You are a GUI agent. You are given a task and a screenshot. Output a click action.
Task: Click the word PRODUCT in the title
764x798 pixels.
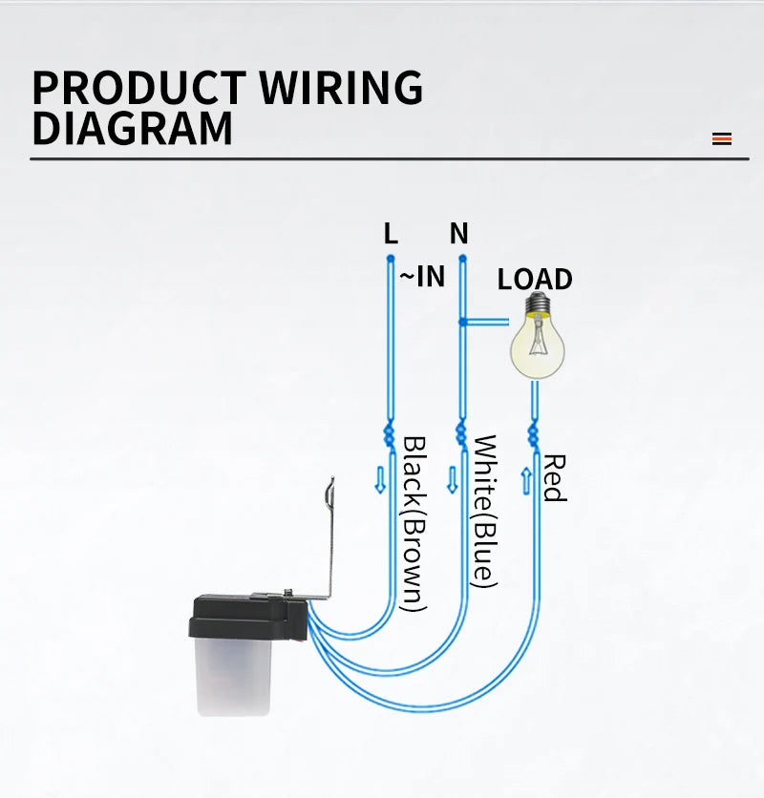point(139,88)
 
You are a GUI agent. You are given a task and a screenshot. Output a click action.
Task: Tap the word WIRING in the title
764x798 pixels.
point(341,88)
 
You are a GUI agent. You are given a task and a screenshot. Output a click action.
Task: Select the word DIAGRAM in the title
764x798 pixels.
point(133,128)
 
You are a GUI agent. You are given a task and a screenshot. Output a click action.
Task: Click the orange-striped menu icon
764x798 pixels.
point(722,138)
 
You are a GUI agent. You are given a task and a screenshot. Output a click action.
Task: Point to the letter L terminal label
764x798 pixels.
point(391,234)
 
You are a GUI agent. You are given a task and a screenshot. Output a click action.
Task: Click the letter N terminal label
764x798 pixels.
point(458,234)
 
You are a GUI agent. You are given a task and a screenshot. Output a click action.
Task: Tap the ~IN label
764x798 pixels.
point(422,277)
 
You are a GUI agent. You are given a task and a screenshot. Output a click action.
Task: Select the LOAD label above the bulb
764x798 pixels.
point(535,279)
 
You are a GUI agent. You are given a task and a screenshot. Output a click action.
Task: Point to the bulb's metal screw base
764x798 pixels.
point(538,304)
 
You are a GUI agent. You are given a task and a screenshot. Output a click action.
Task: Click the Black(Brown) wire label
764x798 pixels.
point(414,524)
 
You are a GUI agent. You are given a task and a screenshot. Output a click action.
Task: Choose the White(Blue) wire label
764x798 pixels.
point(485,512)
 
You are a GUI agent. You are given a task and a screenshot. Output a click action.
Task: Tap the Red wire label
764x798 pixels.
point(555,478)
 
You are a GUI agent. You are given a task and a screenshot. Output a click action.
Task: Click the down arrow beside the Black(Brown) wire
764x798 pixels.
point(380,480)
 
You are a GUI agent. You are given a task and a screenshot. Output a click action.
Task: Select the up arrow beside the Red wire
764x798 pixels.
point(526,481)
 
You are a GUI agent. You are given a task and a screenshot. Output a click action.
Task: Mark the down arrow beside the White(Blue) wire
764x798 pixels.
point(452,480)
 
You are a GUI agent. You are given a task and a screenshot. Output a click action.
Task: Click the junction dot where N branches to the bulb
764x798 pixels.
point(462,322)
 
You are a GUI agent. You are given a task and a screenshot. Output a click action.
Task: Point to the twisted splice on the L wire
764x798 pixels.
point(389,434)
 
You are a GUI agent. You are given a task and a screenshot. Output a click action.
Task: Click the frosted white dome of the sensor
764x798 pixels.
point(233,677)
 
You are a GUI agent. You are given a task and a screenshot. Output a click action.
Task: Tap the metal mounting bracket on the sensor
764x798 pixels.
point(331,539)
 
